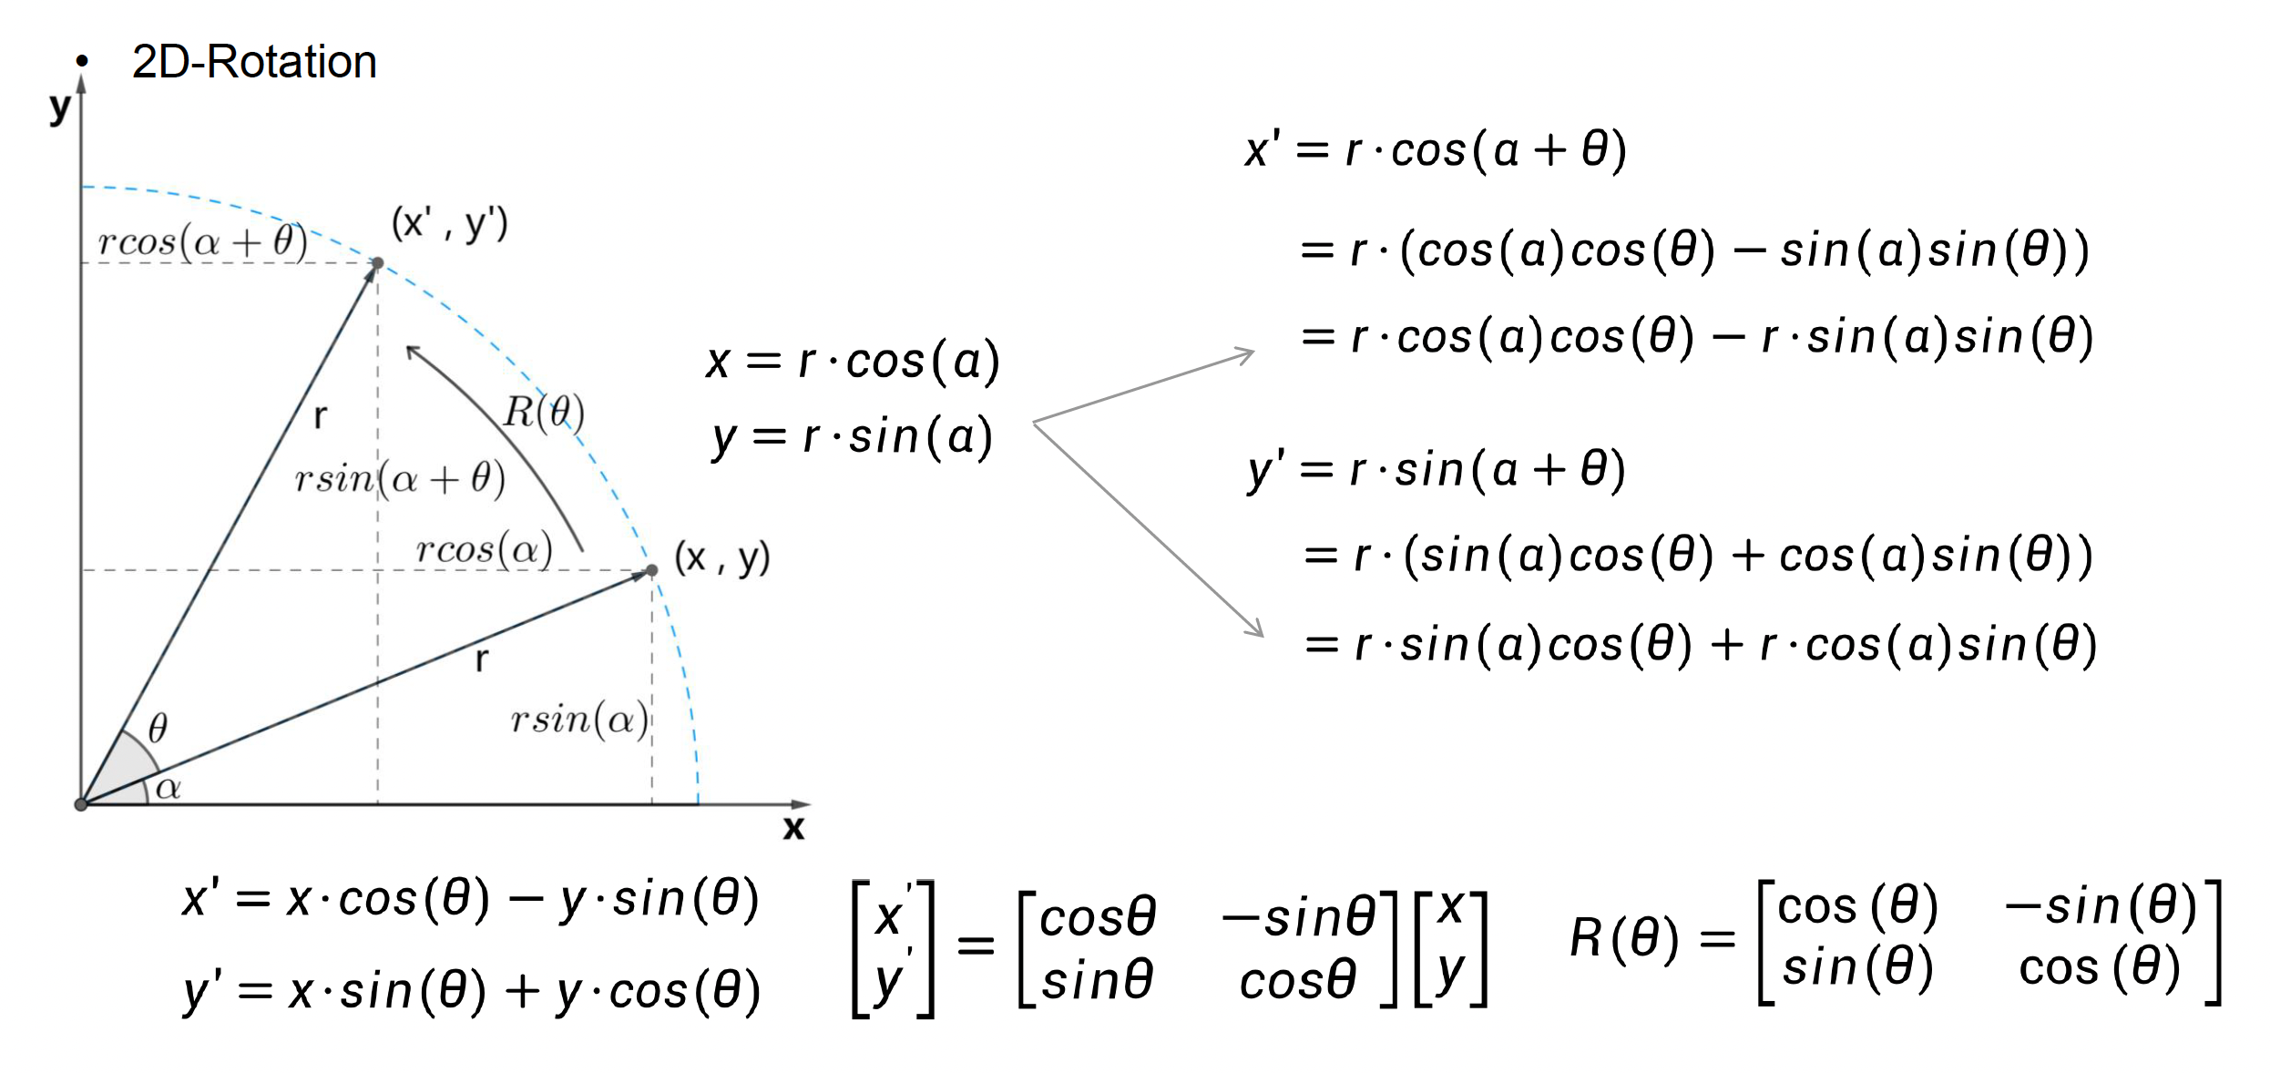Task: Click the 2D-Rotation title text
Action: tap(254, 62)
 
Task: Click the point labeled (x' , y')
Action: tap(377, 263)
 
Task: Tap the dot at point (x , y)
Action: tap(651, 571)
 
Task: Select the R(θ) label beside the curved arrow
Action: tap(544, 413)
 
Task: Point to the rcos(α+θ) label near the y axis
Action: tap(202, 241)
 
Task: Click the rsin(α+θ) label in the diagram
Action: tap(400, 478)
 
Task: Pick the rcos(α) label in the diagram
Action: tap(484, 550)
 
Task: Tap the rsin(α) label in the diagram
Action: tap(579, 720)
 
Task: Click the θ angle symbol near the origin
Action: tap(158, 728)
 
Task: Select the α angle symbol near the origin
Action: tap(169, 788)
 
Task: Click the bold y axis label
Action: tap(59, 107)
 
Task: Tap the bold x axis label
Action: tap(793, 828)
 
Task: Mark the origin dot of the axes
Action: tap(81, 804)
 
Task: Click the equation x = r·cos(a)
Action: tap(853, 362)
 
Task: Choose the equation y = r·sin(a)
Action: tap(853, 437)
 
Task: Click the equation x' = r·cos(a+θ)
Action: tap(1436, 150)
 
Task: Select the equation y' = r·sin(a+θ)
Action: tap(1436, 470)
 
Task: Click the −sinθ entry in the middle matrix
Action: tap(1298, 916)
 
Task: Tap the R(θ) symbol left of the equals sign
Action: tap(1623, 938)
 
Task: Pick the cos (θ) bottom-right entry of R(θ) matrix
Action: tap(2100, 967)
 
